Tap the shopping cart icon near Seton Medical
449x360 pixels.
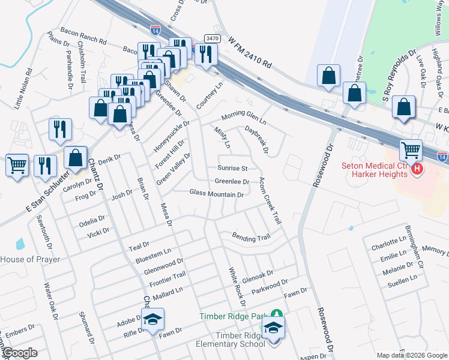[x=411, y=151]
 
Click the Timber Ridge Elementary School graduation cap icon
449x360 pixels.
[x=273, y=328]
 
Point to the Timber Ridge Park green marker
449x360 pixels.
[x=276, y=314]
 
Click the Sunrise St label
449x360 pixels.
[x=231, y=169]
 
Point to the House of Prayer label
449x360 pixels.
[x=30, y=259]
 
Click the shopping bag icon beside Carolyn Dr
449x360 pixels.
[x=76, y=159]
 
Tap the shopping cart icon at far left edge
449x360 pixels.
[x=17, y=165]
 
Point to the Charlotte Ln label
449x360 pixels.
[x=388, y=247]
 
